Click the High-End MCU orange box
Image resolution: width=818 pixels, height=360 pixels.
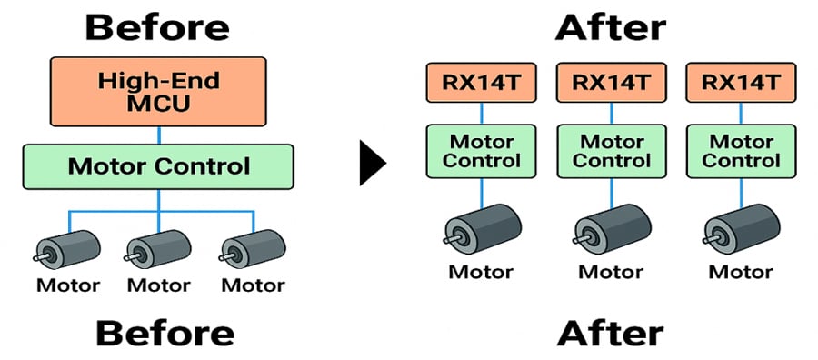(x=158, y=92)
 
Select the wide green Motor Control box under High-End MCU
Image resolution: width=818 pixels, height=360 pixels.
(x=158, y=166)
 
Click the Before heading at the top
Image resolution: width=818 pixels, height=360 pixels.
(x=158, y=26)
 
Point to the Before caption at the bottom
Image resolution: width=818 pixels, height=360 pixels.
(x=165, y=334)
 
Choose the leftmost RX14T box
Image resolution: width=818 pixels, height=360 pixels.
(x=481, y=83)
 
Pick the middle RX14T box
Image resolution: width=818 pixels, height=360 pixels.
(x=611, y=83)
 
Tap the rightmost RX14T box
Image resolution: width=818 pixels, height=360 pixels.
(x=740, y=83)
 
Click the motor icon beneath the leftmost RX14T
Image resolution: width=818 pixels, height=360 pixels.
(x=482, y=227)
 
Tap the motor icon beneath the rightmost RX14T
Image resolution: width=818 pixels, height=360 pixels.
(x=740, y=227)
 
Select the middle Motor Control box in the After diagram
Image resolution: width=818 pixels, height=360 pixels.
(x=611, y=151)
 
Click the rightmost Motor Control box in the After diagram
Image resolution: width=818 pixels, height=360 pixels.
(x=740, y=151)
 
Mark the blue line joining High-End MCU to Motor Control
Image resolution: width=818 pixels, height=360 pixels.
(x=159, y=135)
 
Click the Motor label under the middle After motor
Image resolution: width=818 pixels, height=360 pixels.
(x=611, y=271)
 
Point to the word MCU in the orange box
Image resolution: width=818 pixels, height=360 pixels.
(x=158, y=104)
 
